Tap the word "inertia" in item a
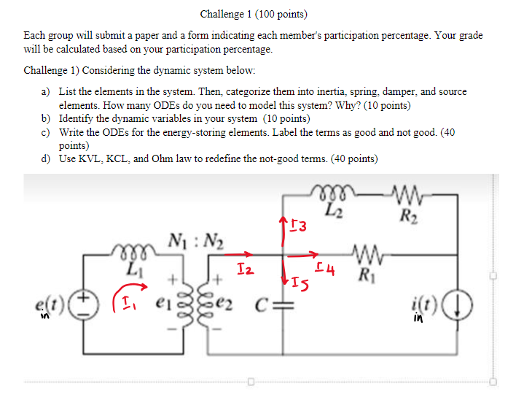tap(301, 92)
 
